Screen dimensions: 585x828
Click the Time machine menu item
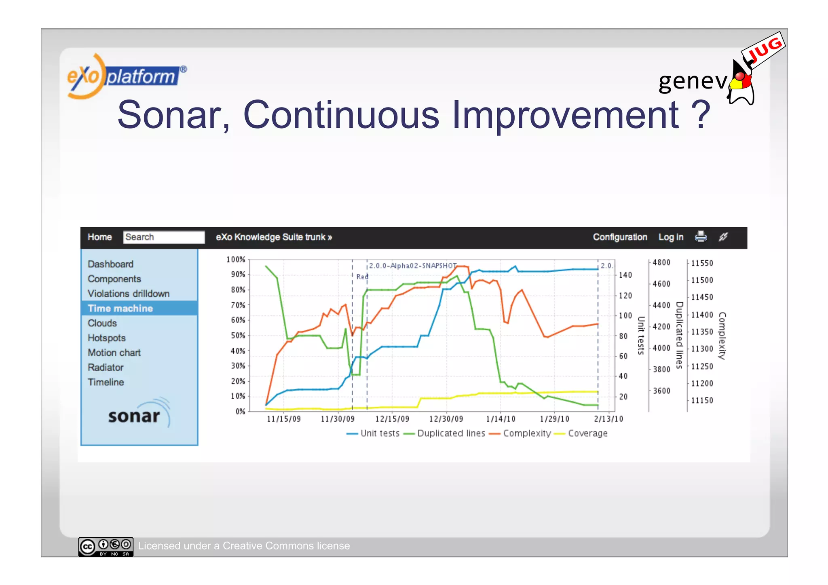click(120, 308)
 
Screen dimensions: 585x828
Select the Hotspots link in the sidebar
click(107, 338)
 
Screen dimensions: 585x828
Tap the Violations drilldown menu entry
click(129, 294)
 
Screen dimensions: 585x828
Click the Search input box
click(164, 237)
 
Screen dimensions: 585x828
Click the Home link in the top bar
click(99, 237)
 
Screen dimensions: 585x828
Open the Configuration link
click(620, 237)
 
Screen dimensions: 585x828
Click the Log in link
click(671, 237)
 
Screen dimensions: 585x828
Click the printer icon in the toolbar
click(701, 237)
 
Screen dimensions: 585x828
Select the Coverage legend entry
click(587, 433)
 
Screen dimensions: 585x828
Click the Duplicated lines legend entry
click(451, 433)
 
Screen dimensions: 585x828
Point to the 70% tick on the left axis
click(238, 305)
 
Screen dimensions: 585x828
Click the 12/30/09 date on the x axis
click(446, 419)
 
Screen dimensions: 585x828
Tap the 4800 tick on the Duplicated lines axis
click(661, 263)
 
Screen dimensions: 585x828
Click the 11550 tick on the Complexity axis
click(702, 263)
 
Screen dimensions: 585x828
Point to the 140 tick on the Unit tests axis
click(625, 275)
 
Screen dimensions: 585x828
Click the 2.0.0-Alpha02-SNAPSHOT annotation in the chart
click(412, 266)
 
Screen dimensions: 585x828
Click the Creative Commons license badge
click(106, 547)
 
